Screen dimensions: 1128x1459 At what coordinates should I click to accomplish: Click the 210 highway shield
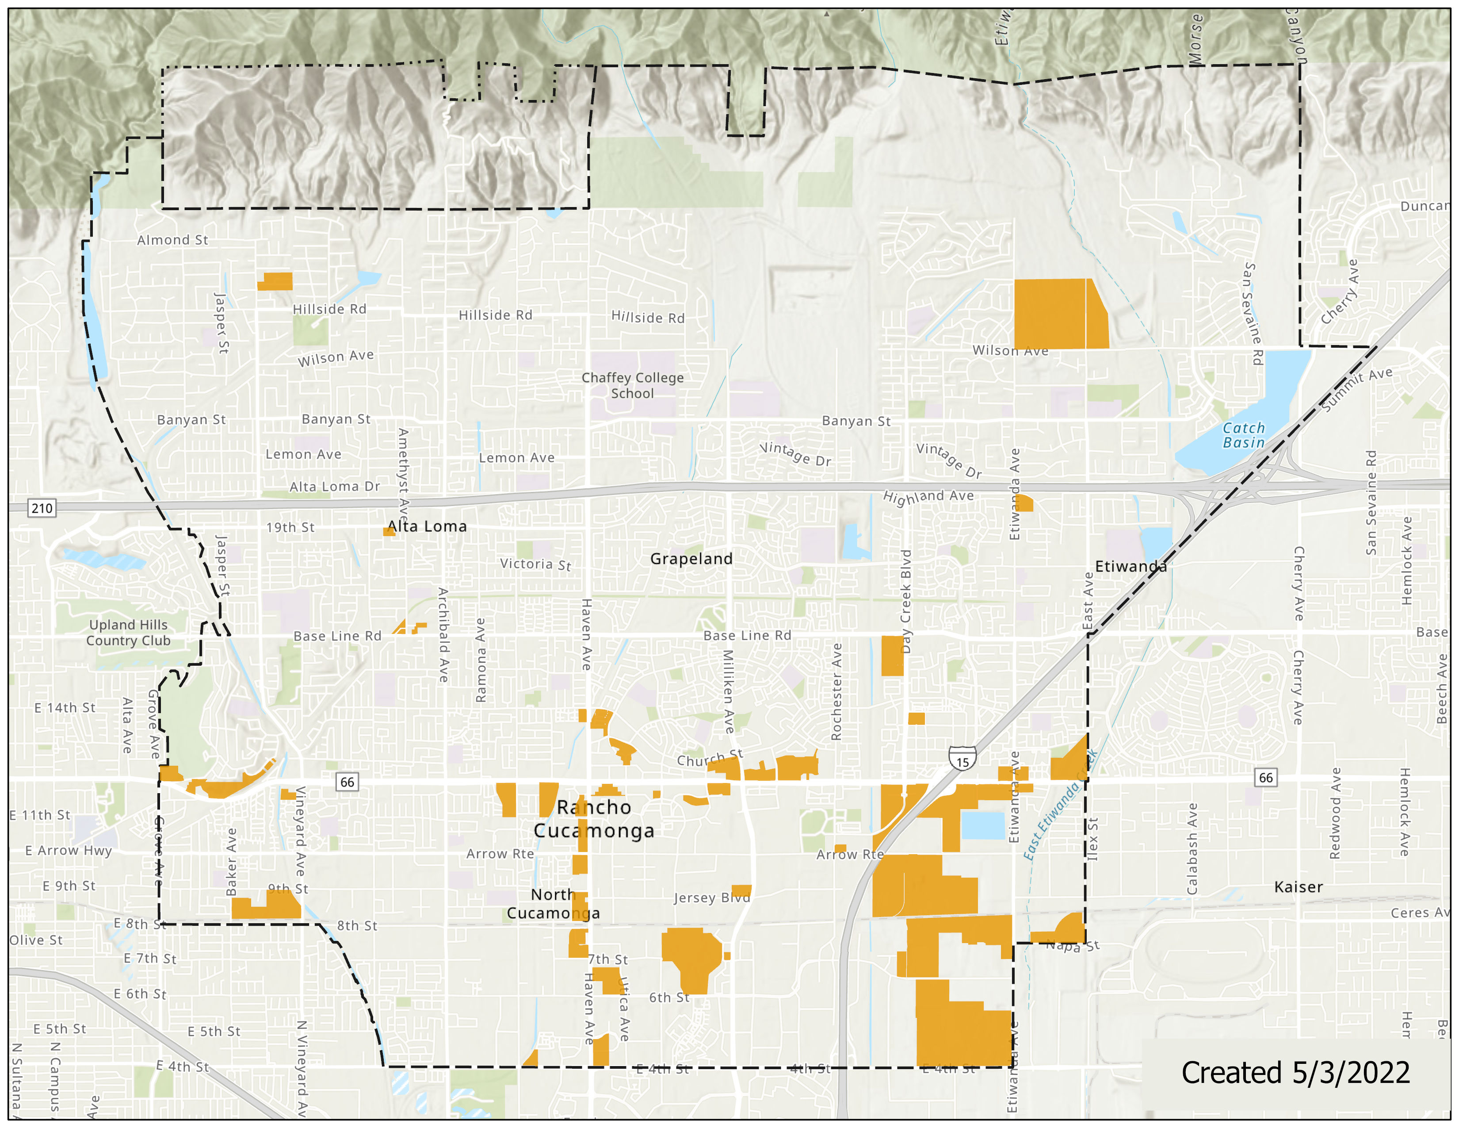pos(42,508)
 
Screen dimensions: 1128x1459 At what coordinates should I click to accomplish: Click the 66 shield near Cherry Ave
pos(1265,777)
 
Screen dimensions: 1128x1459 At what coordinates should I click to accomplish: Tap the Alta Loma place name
pos(427,526)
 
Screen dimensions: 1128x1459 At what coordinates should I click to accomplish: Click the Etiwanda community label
pos(1131,567)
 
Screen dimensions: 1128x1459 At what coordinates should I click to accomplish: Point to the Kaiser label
pos(1298,887)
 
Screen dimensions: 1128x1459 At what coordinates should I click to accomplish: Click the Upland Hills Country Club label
pos(128,632)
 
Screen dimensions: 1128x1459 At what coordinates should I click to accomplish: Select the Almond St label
pos(172,240)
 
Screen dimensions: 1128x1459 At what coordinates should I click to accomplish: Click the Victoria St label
pos(535,565)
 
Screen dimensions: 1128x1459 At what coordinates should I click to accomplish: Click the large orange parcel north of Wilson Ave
pos(1059,314)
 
